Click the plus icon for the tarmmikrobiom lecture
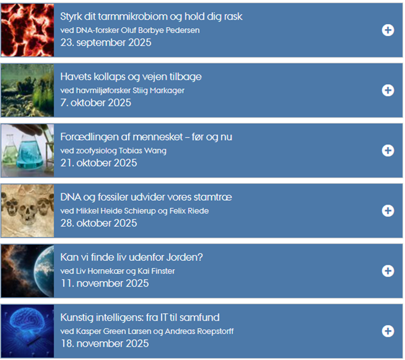(388, 30)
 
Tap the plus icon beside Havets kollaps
(388, 90)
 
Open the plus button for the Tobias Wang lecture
(388, 151)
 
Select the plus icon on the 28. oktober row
(388, 211)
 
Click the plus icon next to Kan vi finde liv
(388, 271)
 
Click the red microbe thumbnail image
(27, 30)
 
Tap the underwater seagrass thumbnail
(27, 90)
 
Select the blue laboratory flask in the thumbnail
(29, 153)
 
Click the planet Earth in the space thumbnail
(44, 271)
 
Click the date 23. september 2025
(105, 43)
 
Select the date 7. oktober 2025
(95, 103)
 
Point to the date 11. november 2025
(105, 284)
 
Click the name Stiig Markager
(158, 90)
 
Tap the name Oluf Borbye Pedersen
(160, 30)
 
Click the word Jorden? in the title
(184, 258)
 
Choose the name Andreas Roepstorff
(199, 332)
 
